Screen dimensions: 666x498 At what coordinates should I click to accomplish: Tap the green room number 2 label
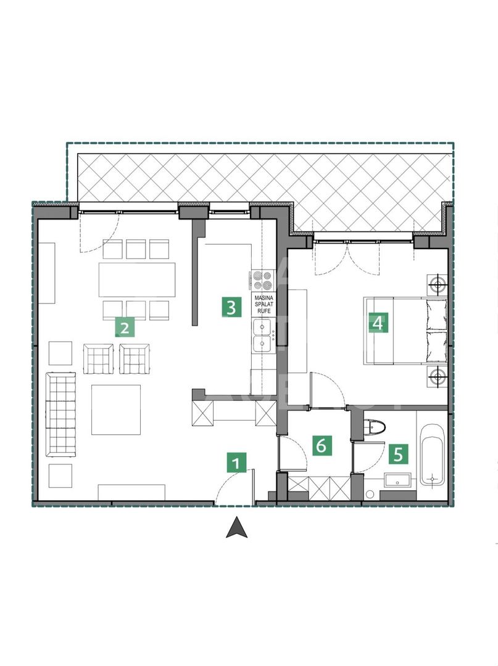click(125, 326)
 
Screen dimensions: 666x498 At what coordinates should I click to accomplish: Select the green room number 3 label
click(231, 307)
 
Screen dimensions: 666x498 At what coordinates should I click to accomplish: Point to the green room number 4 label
click(378, 322)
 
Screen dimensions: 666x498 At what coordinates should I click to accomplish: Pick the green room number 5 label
click(398, 454)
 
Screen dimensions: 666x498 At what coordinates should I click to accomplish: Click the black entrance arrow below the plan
click(236, 528)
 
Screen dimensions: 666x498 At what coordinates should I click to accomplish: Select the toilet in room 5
click(375, 427)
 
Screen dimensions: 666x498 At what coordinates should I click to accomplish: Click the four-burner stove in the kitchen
click(262, 280)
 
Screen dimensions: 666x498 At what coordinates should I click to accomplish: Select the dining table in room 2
click(136, 279)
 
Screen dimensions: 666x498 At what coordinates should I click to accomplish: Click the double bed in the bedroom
click(404, 331)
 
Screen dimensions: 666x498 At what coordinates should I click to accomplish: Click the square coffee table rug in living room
click(116, 409)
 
